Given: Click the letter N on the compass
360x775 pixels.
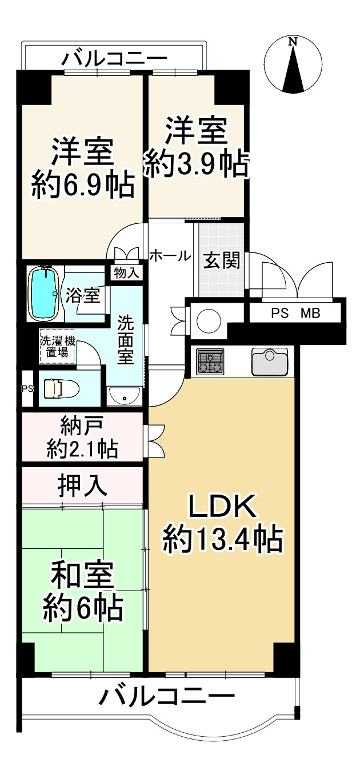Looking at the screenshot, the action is pos(294,42).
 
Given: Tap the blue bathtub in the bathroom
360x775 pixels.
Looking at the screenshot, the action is pos(45,294).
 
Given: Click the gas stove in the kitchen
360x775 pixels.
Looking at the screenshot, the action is pos(210,362).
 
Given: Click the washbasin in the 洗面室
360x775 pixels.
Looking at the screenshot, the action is pos(125,396).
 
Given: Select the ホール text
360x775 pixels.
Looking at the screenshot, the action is pos(170,256).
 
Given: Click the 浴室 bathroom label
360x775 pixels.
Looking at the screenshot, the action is pos(83,295).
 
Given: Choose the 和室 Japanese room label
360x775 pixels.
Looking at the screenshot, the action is pos(82,575).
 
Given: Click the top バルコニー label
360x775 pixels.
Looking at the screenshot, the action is pos(115,59).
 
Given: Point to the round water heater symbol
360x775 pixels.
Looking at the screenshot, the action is pos(209,321).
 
